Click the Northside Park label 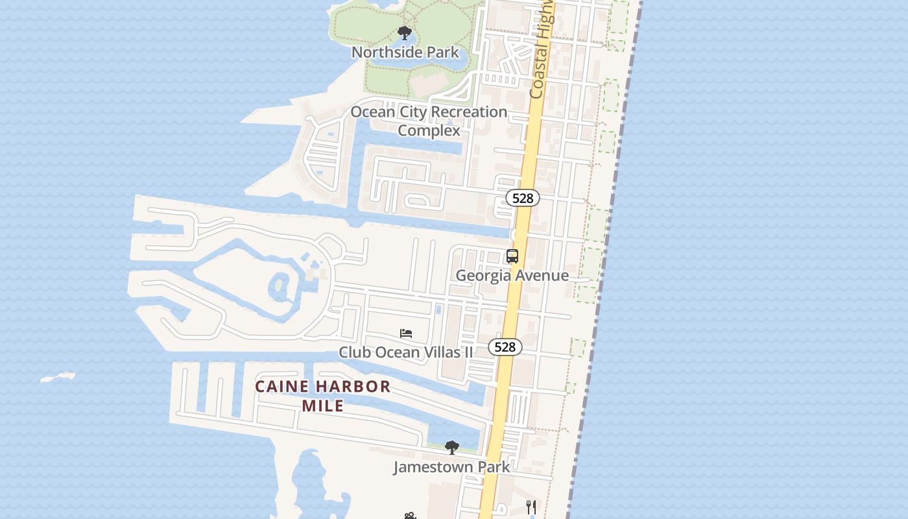tap(405, 53)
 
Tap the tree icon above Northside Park tap(405, 33)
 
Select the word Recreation tap(469, 112)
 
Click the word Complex tap(429, 130)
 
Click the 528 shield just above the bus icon tap(523, 198)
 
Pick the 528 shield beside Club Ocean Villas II tap(505, 347)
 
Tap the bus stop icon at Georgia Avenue tap(512, 256)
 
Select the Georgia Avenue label tap(512, 275)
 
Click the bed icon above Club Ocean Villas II tap(406, 333)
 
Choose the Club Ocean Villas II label tap(406, 352)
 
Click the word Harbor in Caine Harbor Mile tap(356, 387)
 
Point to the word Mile tap(323, 406)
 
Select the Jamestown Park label tap(451, 466)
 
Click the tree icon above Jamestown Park tap(451, 447)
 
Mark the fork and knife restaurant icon tap(531, 507)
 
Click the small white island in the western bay tap(58, 377)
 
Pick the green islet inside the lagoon tap(280, 285)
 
